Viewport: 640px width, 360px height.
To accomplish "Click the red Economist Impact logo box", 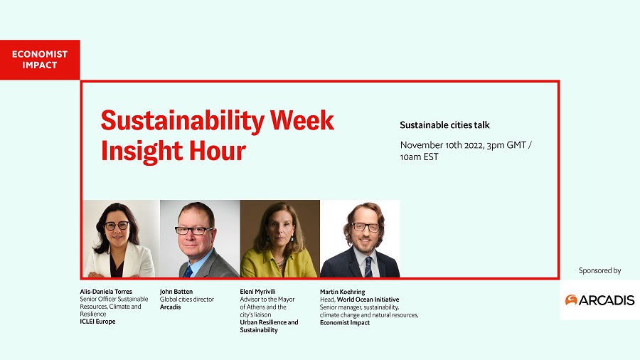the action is tap(40, 60).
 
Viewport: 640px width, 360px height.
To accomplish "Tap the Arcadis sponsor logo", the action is tap(599, 300).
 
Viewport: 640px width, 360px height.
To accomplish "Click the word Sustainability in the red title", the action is tap(183, 121).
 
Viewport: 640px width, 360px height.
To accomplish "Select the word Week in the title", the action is tap(302, 120).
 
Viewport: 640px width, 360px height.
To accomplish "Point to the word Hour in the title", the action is tap(218, 151).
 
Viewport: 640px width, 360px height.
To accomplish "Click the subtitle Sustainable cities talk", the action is tap(444, 125).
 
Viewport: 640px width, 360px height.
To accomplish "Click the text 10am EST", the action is tap(419, 157).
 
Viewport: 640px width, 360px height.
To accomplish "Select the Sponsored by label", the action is tap(599, 270).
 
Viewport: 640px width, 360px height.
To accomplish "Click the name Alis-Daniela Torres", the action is tap(106, 292).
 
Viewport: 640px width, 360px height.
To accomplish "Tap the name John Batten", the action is tap(176, 292).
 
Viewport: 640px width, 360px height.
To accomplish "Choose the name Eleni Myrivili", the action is tap(257, 292).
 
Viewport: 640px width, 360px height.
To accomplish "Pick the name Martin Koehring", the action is tap(343, 292).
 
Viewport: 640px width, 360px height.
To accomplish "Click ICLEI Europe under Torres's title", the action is tap(97, 321).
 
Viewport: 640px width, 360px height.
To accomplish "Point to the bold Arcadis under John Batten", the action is tap(170, 307).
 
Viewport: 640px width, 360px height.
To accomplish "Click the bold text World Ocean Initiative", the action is tap(368, 300).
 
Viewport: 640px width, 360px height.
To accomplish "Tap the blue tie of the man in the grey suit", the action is tap(188, 271).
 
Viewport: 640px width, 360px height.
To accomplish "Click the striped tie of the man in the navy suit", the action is tap(368, 267).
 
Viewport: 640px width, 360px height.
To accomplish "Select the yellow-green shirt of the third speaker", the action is tap(278, 265).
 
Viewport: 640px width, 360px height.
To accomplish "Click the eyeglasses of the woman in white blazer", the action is tap(117, 226).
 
